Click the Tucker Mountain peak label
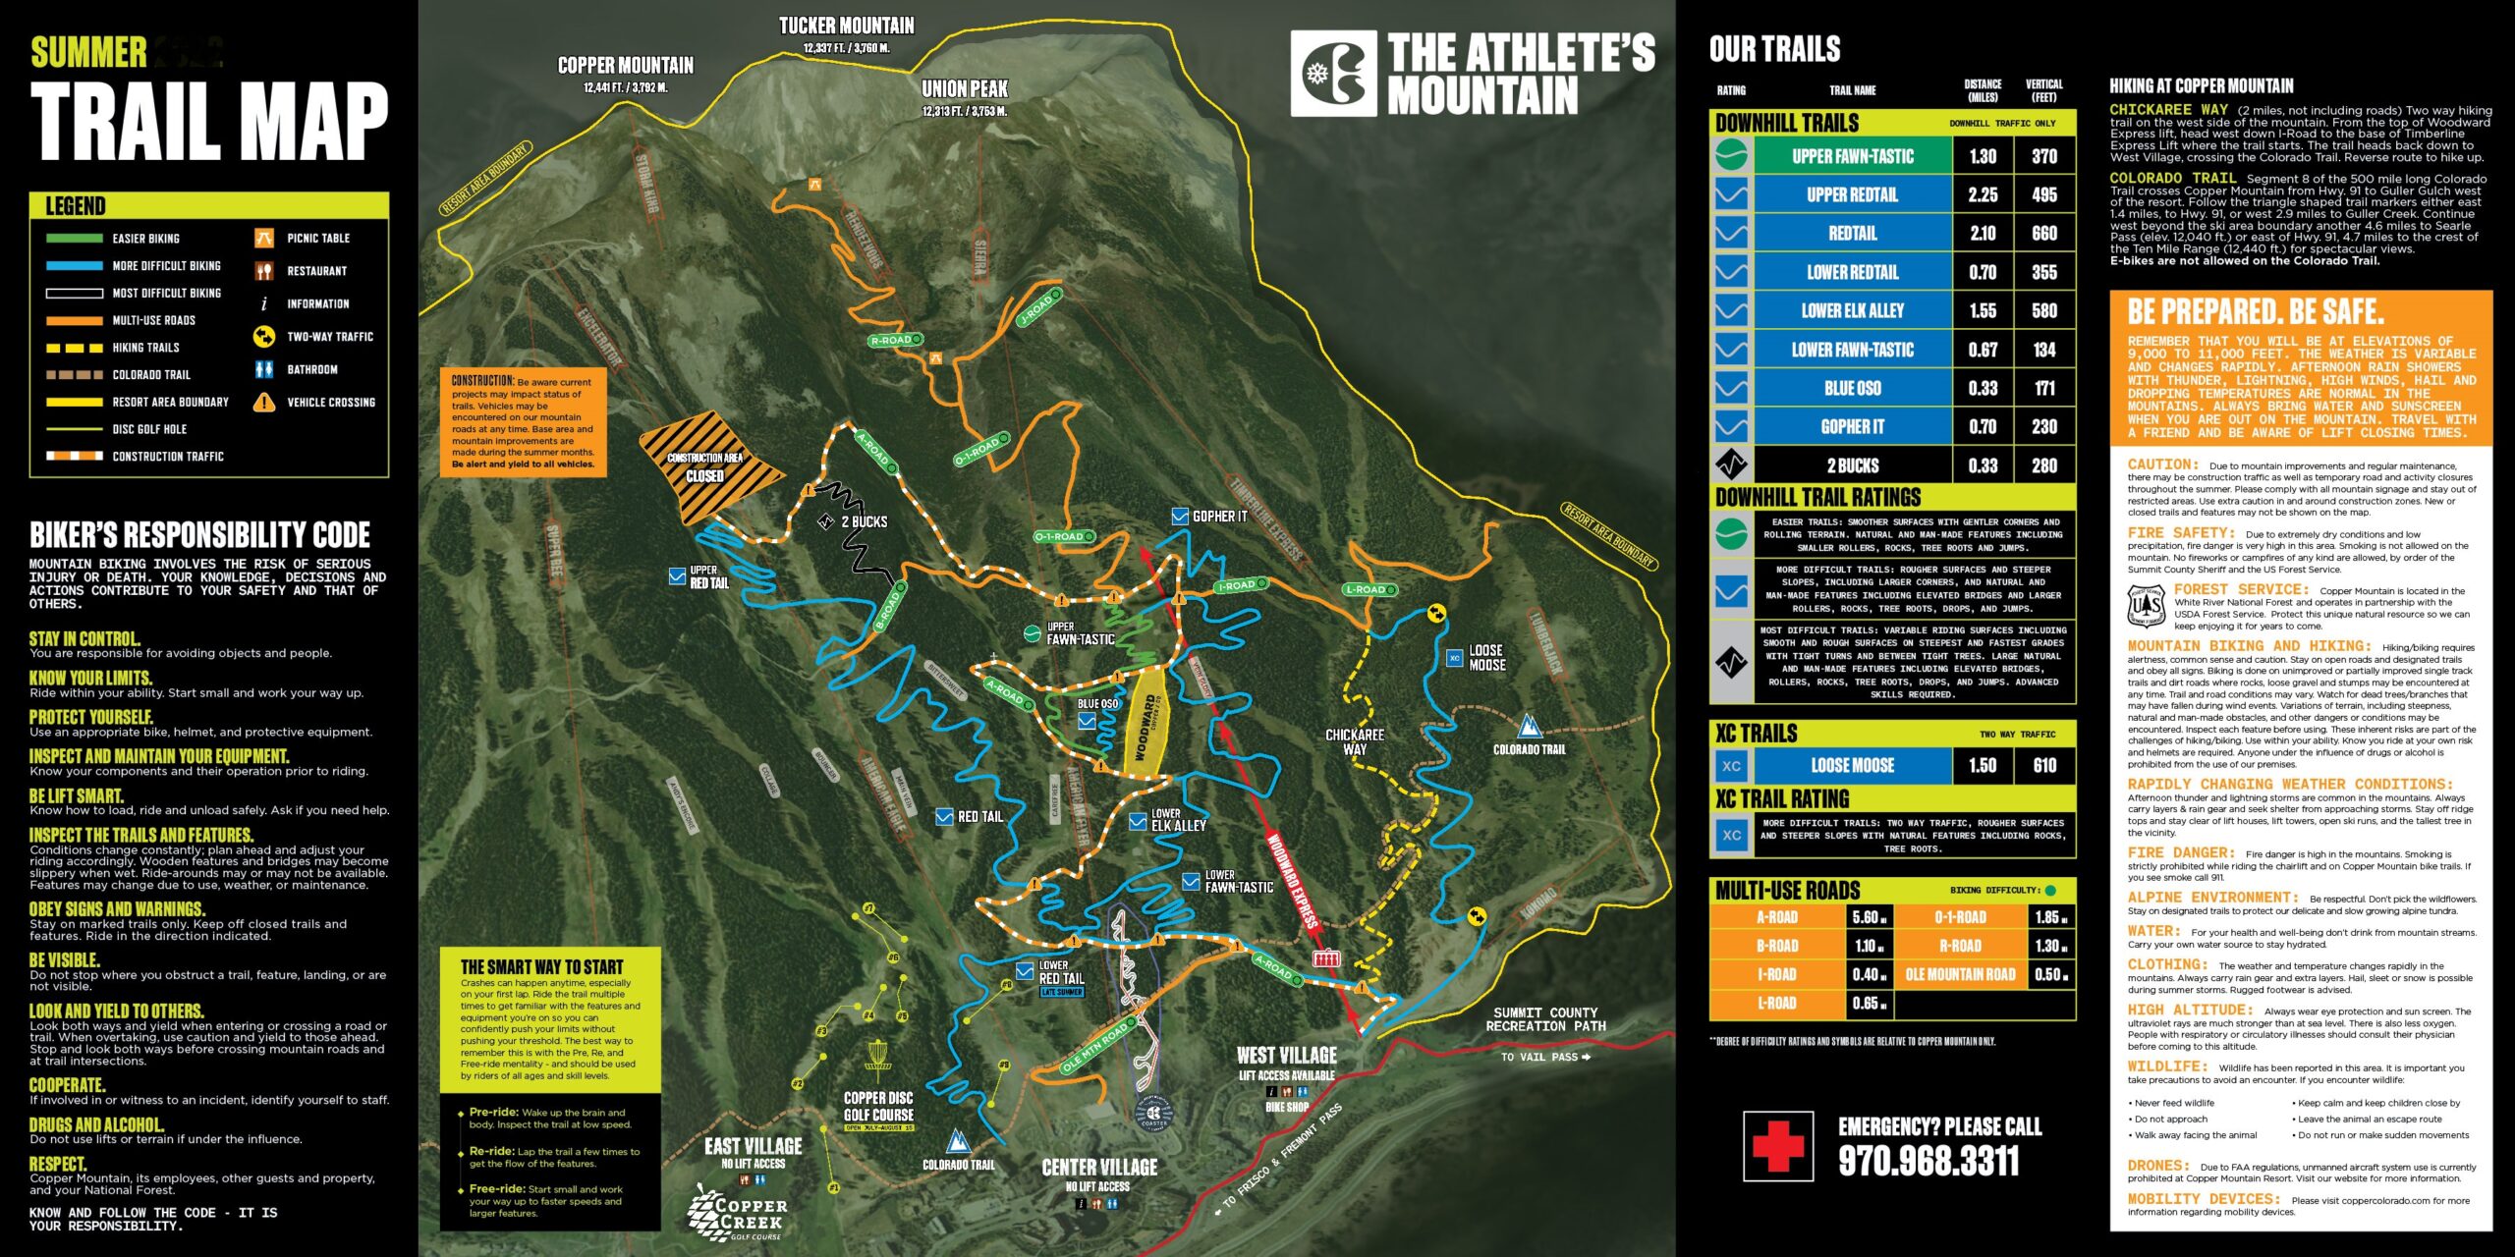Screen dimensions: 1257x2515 click(846, 27)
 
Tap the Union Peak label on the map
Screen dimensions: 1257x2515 click(965, 89)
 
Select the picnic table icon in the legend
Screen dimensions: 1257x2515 click(263, 238)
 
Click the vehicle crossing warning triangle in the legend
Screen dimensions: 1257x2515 click(263, 402)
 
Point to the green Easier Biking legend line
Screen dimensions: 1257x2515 click(74, 238)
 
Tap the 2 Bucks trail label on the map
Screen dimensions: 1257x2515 click(864, 521)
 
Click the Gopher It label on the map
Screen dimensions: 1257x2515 click(1219, 517)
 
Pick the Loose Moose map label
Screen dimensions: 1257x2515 click(1486, 657)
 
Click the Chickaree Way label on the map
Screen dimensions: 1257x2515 click(1355, 741)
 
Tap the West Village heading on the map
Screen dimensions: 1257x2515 click(1286, 1056)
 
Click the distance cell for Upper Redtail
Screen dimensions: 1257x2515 click(1983, 194)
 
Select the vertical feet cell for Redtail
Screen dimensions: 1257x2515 click(2043, 234)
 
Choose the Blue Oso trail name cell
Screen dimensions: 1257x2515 click(1852, 388)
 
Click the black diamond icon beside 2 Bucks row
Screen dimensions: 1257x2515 click(1731, 465)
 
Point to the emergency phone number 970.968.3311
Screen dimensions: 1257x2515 click(1928, 1162)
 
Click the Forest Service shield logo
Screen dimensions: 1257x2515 click(2146, 606)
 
